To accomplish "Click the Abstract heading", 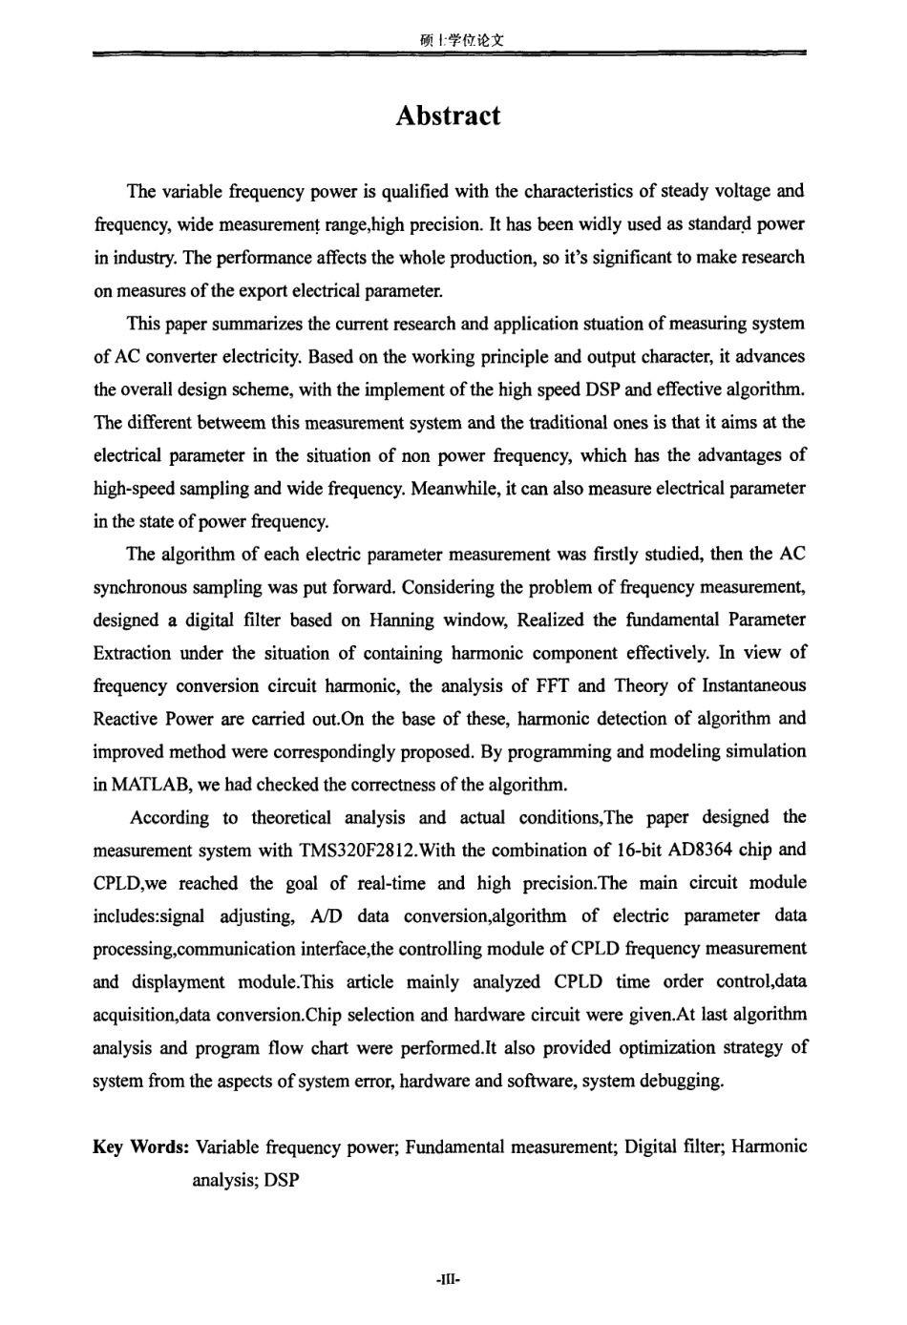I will tap(447, 116).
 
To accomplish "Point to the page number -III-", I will tap(447, 1278).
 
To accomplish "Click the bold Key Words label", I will tap(139, 1146).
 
